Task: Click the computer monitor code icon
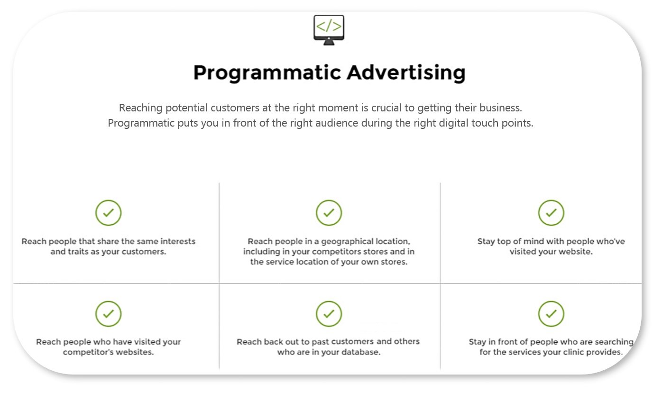point(329,30)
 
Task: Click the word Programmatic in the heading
point(267,73)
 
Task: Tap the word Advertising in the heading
point(406,73)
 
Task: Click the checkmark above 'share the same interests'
point(108,213)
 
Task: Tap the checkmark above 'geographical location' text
point(329,213)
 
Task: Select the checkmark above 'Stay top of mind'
point(551,213)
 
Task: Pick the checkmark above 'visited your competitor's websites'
point(108,314)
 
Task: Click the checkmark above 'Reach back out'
point(329,314)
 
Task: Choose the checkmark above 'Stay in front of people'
point(551,314)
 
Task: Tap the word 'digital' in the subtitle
point(454,123)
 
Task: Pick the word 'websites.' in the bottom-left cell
point(135,352)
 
